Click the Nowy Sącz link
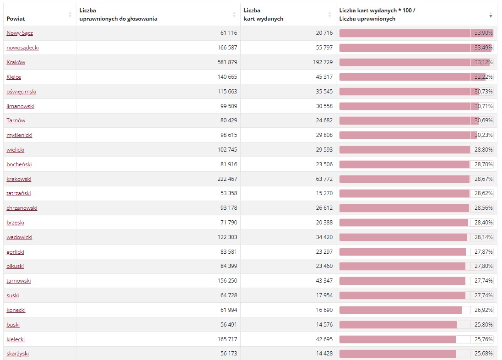(20, 33)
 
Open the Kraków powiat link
(16, 62)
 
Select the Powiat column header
(16, 19)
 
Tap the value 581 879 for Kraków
(227, 62)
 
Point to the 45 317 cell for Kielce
(324, 77)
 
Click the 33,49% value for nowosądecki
(483, 48)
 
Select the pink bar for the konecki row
(400, 310)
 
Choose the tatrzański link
(19, 193)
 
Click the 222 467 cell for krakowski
(227, 179)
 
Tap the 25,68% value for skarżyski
(483, 354)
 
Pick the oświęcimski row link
(21, 92)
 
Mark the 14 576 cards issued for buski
(324, 325)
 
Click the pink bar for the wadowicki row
(404, 237)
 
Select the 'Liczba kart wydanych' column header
(264, 15)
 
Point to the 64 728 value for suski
(229, 295)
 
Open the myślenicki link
(19, 135)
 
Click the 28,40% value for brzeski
(483, 223)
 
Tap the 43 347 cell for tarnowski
(324, 281)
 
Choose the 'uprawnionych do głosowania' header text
(119, 19)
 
